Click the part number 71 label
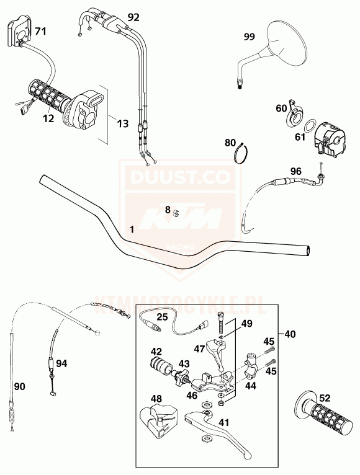pyautogui.click(x=40, y=31)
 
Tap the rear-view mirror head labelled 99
pyautogui.click(x=286, y=43)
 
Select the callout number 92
pyautogui.click(x=133, y=17)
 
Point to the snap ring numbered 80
pyautogui.click(x=241, y=153)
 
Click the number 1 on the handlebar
pyautogui.click(x=132, y=229)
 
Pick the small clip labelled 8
pyautogui.click(x=176, y=213)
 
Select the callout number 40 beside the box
pyautogui.click(x=290, y=334)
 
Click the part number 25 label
pyautogui.click(x=162, y=317)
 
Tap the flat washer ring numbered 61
pyautogui.click(x=308, y=125)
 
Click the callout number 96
pyautogui.click(x=295, y=172)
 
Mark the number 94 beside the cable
pyautogui.click(x=61, y=363)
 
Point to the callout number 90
pyautogui.click(x=20, y=386)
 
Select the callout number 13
pyautogui.click(x=123, y=123)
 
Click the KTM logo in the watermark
pyautogui.click(x=182, y=219)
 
